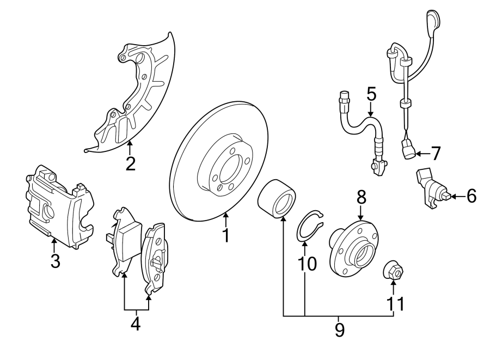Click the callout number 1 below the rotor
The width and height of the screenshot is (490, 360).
tap(225, 235)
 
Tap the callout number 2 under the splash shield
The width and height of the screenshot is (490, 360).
tap(130, 163)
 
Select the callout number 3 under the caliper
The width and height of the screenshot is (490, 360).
tap(54, 261)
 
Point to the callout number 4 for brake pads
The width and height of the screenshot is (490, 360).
tap(135, 324)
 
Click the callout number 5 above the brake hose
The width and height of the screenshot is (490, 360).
tap(371, 94)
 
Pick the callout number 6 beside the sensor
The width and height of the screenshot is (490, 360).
tap(470, 195)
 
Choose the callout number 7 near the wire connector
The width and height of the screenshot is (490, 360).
tap(435, 154)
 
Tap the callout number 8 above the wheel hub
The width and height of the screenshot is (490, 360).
tap(361, 197)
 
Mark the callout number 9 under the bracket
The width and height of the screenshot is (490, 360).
tap(339, 329)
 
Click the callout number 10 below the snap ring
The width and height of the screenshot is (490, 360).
tap(307, 264)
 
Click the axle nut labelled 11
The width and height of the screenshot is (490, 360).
tap(394, 270)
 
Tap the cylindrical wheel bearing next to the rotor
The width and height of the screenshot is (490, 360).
tap(277, 199)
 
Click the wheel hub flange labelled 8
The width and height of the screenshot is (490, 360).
tap(354, 248)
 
